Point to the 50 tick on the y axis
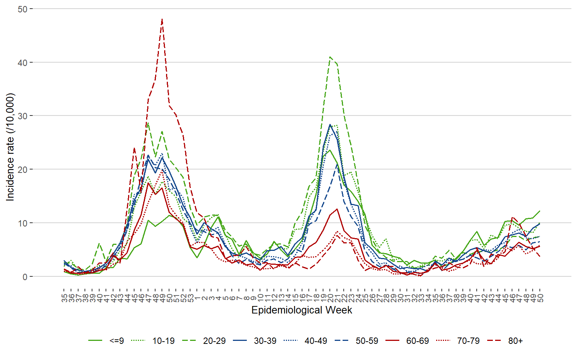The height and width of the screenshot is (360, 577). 23,9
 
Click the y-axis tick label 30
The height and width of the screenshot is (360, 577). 23,116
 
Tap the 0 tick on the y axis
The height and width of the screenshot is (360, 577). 25,277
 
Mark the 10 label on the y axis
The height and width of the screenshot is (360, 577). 23,223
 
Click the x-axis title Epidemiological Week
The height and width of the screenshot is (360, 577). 302,310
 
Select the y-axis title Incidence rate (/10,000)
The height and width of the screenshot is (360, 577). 10,147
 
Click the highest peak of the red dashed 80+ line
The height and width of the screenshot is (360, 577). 162,19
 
